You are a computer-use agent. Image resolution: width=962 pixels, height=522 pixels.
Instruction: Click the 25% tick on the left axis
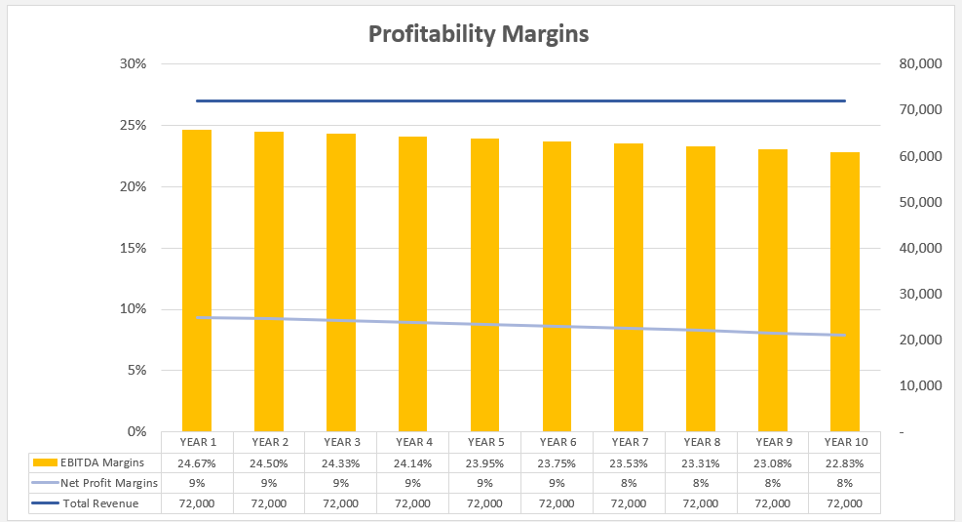pos(133,126)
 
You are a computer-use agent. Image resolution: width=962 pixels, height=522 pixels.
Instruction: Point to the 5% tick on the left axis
pos(136,370)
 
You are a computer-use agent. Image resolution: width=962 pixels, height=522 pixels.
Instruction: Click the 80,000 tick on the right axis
pos(915,64)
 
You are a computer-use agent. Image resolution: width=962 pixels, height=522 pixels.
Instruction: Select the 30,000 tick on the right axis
pos(915,294)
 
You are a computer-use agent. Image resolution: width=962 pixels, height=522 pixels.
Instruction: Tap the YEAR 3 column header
pos(340,442)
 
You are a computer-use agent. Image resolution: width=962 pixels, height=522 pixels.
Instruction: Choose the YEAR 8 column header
pos(700,442)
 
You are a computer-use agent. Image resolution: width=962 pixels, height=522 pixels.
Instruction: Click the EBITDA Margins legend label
pos(102,462)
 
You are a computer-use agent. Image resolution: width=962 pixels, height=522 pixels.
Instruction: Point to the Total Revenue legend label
pos(100,503)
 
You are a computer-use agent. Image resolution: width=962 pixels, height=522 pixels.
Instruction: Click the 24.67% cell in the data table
pos(196,462)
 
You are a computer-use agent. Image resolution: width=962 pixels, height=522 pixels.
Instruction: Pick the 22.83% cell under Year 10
pos(844,462)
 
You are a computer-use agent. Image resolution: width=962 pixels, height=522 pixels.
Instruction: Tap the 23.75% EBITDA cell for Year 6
pos(557,462)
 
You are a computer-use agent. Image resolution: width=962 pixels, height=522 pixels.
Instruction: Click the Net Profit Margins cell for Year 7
pos(628,483)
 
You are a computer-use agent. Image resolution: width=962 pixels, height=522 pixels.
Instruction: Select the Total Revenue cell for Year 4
pos(412,503)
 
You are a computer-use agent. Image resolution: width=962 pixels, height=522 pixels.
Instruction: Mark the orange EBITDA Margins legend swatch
pos(45,462)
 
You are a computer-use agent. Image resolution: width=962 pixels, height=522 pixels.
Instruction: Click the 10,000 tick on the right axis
pos(915,385)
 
